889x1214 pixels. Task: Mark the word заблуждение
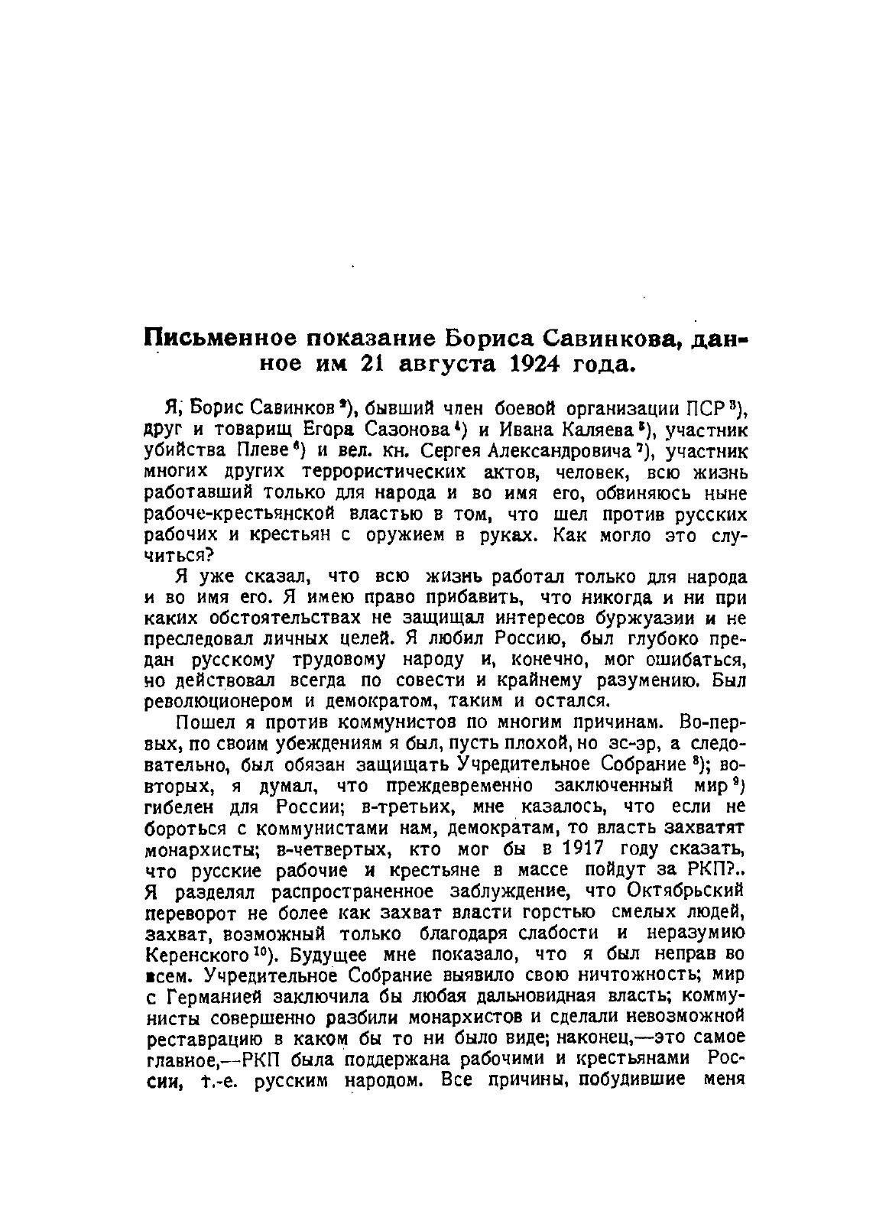[x=504, y=891]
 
